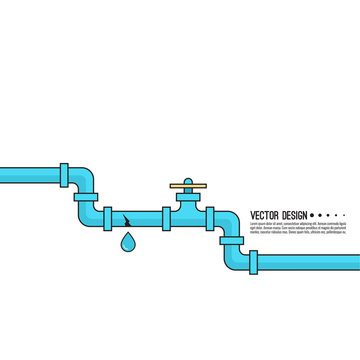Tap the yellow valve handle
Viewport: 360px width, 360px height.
[186, 183]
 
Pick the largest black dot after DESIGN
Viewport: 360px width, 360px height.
[314, 215]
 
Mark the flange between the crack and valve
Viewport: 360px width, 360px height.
[164, 217]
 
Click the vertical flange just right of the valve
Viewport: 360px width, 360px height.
[210, 217]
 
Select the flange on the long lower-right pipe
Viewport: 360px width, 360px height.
[254, 263]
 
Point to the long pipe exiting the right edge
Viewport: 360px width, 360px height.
[310, 263]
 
